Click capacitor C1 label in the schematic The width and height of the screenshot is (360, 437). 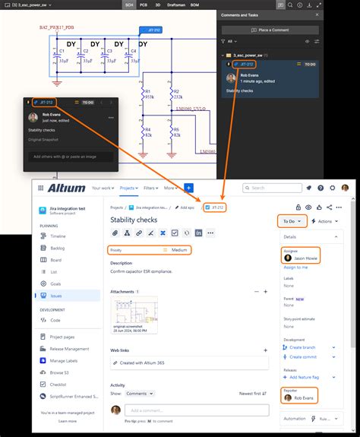pyautogui.click(x=62, y=51)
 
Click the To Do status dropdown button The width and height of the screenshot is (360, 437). pyautogui.click(x=292, y=221)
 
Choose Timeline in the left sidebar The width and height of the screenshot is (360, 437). pyautogui.click(x=58, y=236)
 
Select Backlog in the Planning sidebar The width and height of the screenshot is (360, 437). pyautogui.click(x=58, y=248)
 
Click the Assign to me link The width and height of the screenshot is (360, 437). pyautogui.click(x=295, y=267)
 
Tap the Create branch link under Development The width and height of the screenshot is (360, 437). pyautogui.click(x=305, y=347)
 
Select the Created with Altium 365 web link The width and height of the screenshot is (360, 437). pyautogui.click(x=147, y=363)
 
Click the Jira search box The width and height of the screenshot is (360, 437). pyautogui.click(x=273, y=188)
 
